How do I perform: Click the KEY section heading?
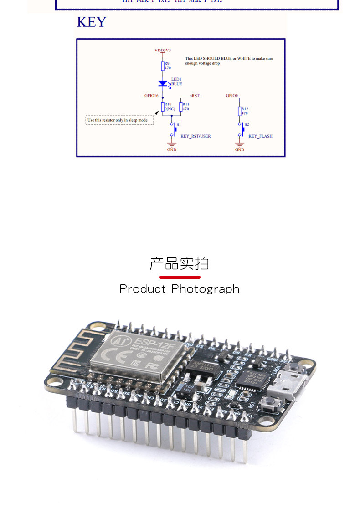tap(91, 22)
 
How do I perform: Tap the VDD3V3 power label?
tap(163, 50)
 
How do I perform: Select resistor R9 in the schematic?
tap(163, 66)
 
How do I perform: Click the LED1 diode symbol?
tap(163, 83)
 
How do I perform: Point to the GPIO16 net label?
tap(151, 96)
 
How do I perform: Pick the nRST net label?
tap(195, 96)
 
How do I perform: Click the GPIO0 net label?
tap(232, 96)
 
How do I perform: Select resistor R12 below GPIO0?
tap(240, 111)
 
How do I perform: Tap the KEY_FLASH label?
tap(260, 136)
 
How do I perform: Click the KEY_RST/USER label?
tap(195, 136)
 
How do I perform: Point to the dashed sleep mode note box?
tap(120, 120)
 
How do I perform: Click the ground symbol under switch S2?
tap(240, 145)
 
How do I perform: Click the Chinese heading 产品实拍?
tap(179, 263)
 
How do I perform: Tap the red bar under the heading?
tap(180, 277)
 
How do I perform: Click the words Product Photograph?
tap(179, 289)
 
